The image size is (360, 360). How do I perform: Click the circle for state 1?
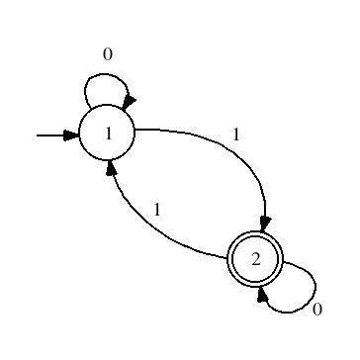(107, 135)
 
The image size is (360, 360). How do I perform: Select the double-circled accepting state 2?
(255, 259)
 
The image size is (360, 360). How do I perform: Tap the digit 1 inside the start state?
(107, 135)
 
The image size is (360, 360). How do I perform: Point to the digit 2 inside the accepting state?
(255, 259)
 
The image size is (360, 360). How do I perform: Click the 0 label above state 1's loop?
(108, 55)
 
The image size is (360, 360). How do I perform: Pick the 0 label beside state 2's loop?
(316, 309)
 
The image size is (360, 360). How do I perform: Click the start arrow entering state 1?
(55, 135)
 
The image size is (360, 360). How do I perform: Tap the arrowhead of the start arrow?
(71, 135)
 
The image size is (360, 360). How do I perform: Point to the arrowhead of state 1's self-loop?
(127, 102)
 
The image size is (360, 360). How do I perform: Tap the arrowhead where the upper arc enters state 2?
(264, 225)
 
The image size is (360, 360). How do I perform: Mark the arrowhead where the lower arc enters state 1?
(114, 170)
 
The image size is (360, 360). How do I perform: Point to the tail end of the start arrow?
(38, 135)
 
